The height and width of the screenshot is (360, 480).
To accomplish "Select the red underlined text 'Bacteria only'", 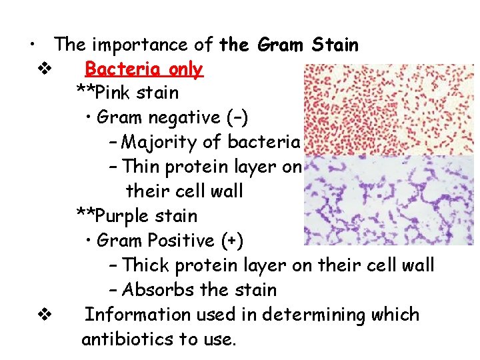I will click(144, 69).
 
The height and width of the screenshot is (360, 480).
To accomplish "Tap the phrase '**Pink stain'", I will click(127, 93).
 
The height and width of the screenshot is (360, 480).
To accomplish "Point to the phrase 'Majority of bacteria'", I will click(212, 142).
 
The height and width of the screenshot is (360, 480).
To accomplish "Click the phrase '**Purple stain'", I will click(136, 216).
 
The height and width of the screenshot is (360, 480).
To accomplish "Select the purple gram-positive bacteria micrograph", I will click(388, 201).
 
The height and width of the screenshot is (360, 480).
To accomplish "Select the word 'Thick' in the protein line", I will click(147, 265).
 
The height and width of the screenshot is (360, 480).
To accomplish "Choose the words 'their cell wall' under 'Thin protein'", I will click(185, 191).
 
